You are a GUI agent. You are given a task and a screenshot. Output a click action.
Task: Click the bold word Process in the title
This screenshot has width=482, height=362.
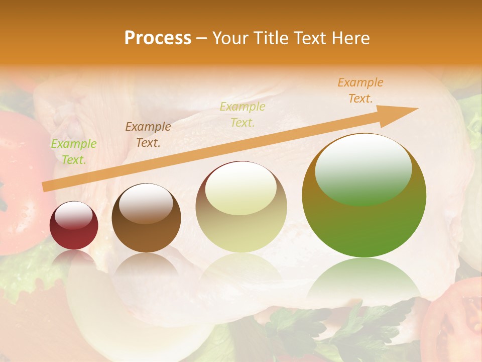(158, 38)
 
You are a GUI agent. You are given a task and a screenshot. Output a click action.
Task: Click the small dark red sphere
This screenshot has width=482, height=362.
(74, 225)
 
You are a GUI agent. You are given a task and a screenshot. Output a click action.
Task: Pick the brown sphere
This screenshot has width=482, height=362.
(146, 218)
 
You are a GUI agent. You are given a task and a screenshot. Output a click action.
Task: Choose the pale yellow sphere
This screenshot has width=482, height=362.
(241, 207)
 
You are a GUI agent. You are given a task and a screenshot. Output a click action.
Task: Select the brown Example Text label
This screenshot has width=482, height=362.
(148, 135)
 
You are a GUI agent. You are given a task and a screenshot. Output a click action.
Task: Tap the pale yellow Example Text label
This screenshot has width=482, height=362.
(243, 114)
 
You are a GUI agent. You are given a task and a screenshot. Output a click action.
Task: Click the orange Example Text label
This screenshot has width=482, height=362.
(360, 90)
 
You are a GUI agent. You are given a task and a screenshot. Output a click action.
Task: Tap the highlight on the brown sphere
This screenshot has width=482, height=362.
(146, 203)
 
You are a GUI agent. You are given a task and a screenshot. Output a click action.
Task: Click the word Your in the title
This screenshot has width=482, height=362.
(229, 38)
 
